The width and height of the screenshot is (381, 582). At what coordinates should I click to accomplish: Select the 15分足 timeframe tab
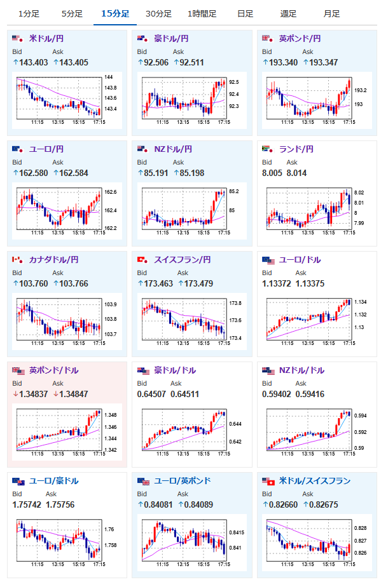(x=115, y=14)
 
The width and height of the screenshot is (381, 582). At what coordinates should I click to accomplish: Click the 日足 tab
(x=246, y=14)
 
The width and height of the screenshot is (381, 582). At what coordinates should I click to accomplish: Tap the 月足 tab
(x=331, y=14)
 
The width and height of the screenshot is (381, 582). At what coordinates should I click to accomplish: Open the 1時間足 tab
(x=202, y=14)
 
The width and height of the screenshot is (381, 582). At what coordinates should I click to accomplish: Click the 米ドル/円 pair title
(x=46, y=39)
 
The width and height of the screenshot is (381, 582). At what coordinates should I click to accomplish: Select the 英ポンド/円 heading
(x=300, y=39)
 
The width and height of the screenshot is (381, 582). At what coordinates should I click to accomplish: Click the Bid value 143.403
(x=34, y=62)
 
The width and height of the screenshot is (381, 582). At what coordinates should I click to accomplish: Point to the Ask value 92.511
(x=192, y=62)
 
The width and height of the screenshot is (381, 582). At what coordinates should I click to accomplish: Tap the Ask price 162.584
(x=74, y=173)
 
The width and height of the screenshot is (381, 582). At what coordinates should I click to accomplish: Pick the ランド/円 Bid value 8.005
(x=272, y=173)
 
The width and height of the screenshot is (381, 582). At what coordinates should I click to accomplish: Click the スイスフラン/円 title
(x=183, y=260)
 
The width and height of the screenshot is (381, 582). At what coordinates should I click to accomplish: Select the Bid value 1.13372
(x=277, y=283)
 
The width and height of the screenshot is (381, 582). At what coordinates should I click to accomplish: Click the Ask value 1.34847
(x=74, y=394)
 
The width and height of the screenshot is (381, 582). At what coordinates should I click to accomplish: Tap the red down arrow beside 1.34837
(x=16, y=394)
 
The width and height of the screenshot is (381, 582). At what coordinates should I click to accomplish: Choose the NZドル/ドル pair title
(x=302, y=370)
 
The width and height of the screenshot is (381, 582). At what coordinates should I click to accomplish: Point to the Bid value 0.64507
(x=151, y=394)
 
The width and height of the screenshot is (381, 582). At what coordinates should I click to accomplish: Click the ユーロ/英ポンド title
(x=183, y=481)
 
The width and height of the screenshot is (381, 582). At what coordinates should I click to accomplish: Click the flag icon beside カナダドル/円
(x=17, y=260)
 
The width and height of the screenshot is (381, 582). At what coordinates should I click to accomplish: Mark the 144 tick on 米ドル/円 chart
(x=108, y=78)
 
